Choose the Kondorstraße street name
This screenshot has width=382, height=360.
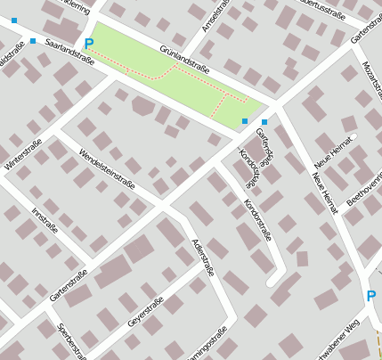click(257, 218)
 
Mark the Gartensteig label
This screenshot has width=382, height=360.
click(264, 143)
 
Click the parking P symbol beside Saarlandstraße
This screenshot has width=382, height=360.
click(87, 44)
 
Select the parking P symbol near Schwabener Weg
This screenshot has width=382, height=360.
click(370, 296)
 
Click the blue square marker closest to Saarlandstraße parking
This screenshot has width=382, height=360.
click(33, 41)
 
